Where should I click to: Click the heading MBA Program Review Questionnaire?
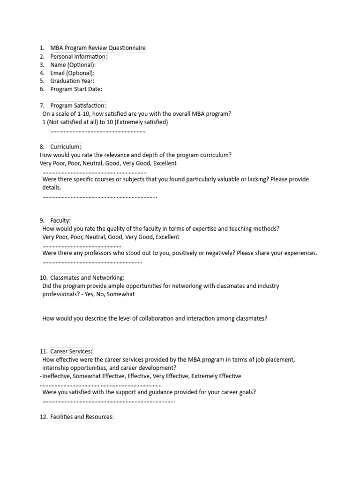98,48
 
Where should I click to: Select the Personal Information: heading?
79,57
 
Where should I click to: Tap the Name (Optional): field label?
73,65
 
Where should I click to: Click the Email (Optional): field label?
72,73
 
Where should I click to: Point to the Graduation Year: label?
72,81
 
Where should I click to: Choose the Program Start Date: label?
76,89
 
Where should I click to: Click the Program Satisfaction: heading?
78,106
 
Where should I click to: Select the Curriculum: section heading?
66,147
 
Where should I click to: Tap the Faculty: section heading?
60,220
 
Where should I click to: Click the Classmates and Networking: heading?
87,278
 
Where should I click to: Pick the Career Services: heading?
71,351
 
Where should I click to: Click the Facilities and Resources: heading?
82,417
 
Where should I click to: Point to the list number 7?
42,106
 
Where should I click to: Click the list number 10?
43,278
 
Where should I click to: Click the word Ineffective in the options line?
57,376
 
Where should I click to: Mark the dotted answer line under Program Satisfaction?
97,131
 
